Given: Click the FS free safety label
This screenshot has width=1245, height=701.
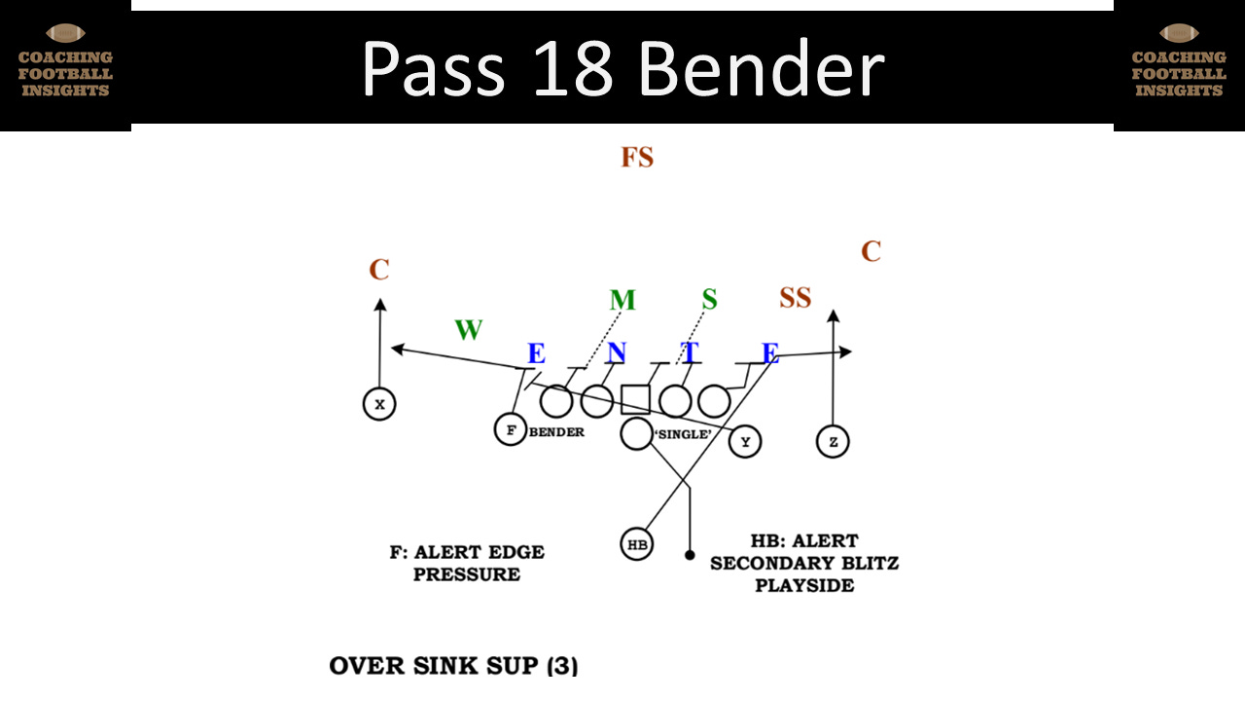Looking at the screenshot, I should (x=637, y=157).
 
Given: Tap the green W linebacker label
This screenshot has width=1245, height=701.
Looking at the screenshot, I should (x=469, y=330).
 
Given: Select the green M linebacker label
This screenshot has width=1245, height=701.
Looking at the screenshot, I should (x=622, y=300).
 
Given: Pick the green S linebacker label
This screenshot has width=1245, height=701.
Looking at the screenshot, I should (x=709, y=300).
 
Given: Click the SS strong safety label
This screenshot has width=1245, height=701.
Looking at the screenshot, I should (x=795, y=298).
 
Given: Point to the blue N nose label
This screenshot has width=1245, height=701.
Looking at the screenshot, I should (x=617, y=352).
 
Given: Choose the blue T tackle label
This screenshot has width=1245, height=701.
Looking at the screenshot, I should (x=690, y=352).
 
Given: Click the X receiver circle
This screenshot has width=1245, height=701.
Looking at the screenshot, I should (x=379, y=403).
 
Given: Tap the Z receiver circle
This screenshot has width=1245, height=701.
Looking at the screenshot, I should (x=833, y=441).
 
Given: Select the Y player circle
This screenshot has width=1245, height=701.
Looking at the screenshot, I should (x=745, y=441).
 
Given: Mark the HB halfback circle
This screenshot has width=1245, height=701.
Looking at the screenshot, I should (x=637, y=544).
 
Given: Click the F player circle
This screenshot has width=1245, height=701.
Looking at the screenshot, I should (x=510, y=429).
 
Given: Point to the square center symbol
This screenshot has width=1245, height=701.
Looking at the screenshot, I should (x=635, y=399).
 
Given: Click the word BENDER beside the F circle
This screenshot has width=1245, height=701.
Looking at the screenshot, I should (x=556, y=431).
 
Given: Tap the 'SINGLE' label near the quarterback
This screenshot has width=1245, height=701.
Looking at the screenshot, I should (x=685, y=433).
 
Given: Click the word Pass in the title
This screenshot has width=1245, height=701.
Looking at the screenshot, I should (x=433, y=70).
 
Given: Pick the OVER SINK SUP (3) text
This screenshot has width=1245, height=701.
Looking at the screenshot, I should (x=453, y=666).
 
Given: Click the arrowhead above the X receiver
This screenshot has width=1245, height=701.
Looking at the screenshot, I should (x=379, y=304).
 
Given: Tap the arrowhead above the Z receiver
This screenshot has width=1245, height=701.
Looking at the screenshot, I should (x=833, y=314).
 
